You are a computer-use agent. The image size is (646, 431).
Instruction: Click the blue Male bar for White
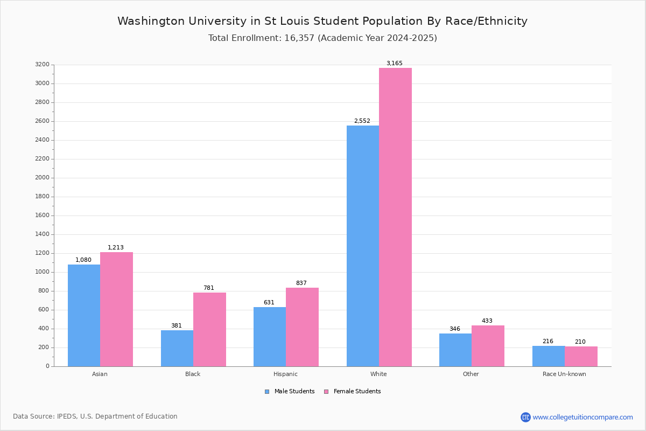[x=363, y=246]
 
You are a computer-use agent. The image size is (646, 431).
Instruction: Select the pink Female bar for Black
[x=209, y=329]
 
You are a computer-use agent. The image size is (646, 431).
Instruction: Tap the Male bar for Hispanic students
[x=270, y=337]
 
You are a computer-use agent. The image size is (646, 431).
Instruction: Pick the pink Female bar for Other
[x=488, y=346]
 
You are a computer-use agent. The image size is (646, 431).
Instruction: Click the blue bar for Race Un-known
[x=549, y=356]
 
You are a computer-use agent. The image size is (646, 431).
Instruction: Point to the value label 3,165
[x=394, y=64]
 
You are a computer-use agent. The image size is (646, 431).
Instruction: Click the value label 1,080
[x=83, y=260]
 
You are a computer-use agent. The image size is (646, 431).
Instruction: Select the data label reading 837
[x=301, y=283]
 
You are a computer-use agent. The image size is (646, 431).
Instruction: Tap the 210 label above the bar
[x=580, y=342]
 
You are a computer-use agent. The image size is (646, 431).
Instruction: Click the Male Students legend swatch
[x=267, y=392]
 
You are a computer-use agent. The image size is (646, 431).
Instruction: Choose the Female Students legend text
[x=357, y=392]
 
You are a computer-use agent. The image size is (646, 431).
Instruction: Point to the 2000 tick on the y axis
[x=43, y=178]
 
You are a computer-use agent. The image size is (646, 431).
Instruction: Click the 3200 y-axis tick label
[x=43, y=65]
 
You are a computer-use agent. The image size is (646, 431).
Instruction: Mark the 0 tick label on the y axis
[x=47, y=366]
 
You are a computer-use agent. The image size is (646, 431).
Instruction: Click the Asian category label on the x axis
[x=100, y=374]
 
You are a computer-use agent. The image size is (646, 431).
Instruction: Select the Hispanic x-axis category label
[x=285, y=374]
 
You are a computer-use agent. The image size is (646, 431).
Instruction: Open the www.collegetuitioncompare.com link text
[x=582, y=417]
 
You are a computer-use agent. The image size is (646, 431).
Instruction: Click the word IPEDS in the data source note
[x=66, y=416]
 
